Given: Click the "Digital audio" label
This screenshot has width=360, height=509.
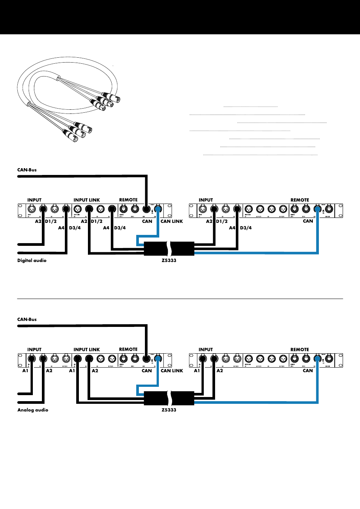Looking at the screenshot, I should coord(32,261).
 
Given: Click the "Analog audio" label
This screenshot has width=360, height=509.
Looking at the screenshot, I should coord(33,410).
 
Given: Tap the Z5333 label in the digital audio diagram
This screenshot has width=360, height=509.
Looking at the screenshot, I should coord(169,261).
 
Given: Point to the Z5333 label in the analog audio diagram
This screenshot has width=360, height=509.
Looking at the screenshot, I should coord(169,410).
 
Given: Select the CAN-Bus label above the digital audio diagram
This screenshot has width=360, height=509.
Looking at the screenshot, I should coord(27,170).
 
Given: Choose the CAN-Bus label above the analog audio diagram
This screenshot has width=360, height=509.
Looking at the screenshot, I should coord(27,319).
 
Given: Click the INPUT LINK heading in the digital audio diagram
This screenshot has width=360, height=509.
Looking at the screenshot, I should coord(86,200).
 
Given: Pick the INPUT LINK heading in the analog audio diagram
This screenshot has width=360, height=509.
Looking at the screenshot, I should coord(86,350).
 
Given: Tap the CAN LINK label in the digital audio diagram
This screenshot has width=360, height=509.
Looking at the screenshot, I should coord(172,221).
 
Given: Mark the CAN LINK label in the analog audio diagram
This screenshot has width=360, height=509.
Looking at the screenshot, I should coord(172,371).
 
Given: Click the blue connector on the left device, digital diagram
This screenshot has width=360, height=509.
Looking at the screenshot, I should coord(158,209).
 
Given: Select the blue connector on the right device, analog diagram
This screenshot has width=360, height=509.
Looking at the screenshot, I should coord(317,358).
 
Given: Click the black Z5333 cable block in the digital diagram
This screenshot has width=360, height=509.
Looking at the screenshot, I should coord(169,249).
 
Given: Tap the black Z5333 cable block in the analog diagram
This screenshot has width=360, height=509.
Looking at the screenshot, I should coord(169,398).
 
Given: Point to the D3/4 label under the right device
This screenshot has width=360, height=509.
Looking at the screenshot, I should coord(246,228).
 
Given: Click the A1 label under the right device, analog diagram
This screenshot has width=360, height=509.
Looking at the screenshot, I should coord(197,371).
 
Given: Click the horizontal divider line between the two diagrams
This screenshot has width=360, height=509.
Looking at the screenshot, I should coord(180,299).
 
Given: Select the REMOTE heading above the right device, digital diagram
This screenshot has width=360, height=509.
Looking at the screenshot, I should coord(300,200).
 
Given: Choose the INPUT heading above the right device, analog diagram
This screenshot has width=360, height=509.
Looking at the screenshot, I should coord(206,350).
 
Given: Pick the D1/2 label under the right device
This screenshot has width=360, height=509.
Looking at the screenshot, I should coord(222,221).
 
